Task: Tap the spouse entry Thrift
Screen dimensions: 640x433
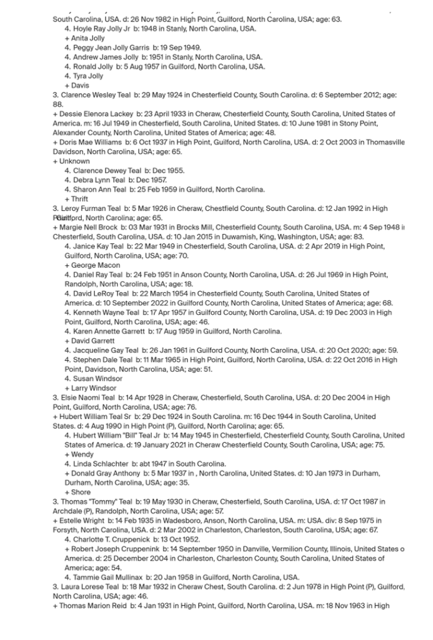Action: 80,199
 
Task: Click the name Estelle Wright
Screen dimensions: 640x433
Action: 83,521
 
